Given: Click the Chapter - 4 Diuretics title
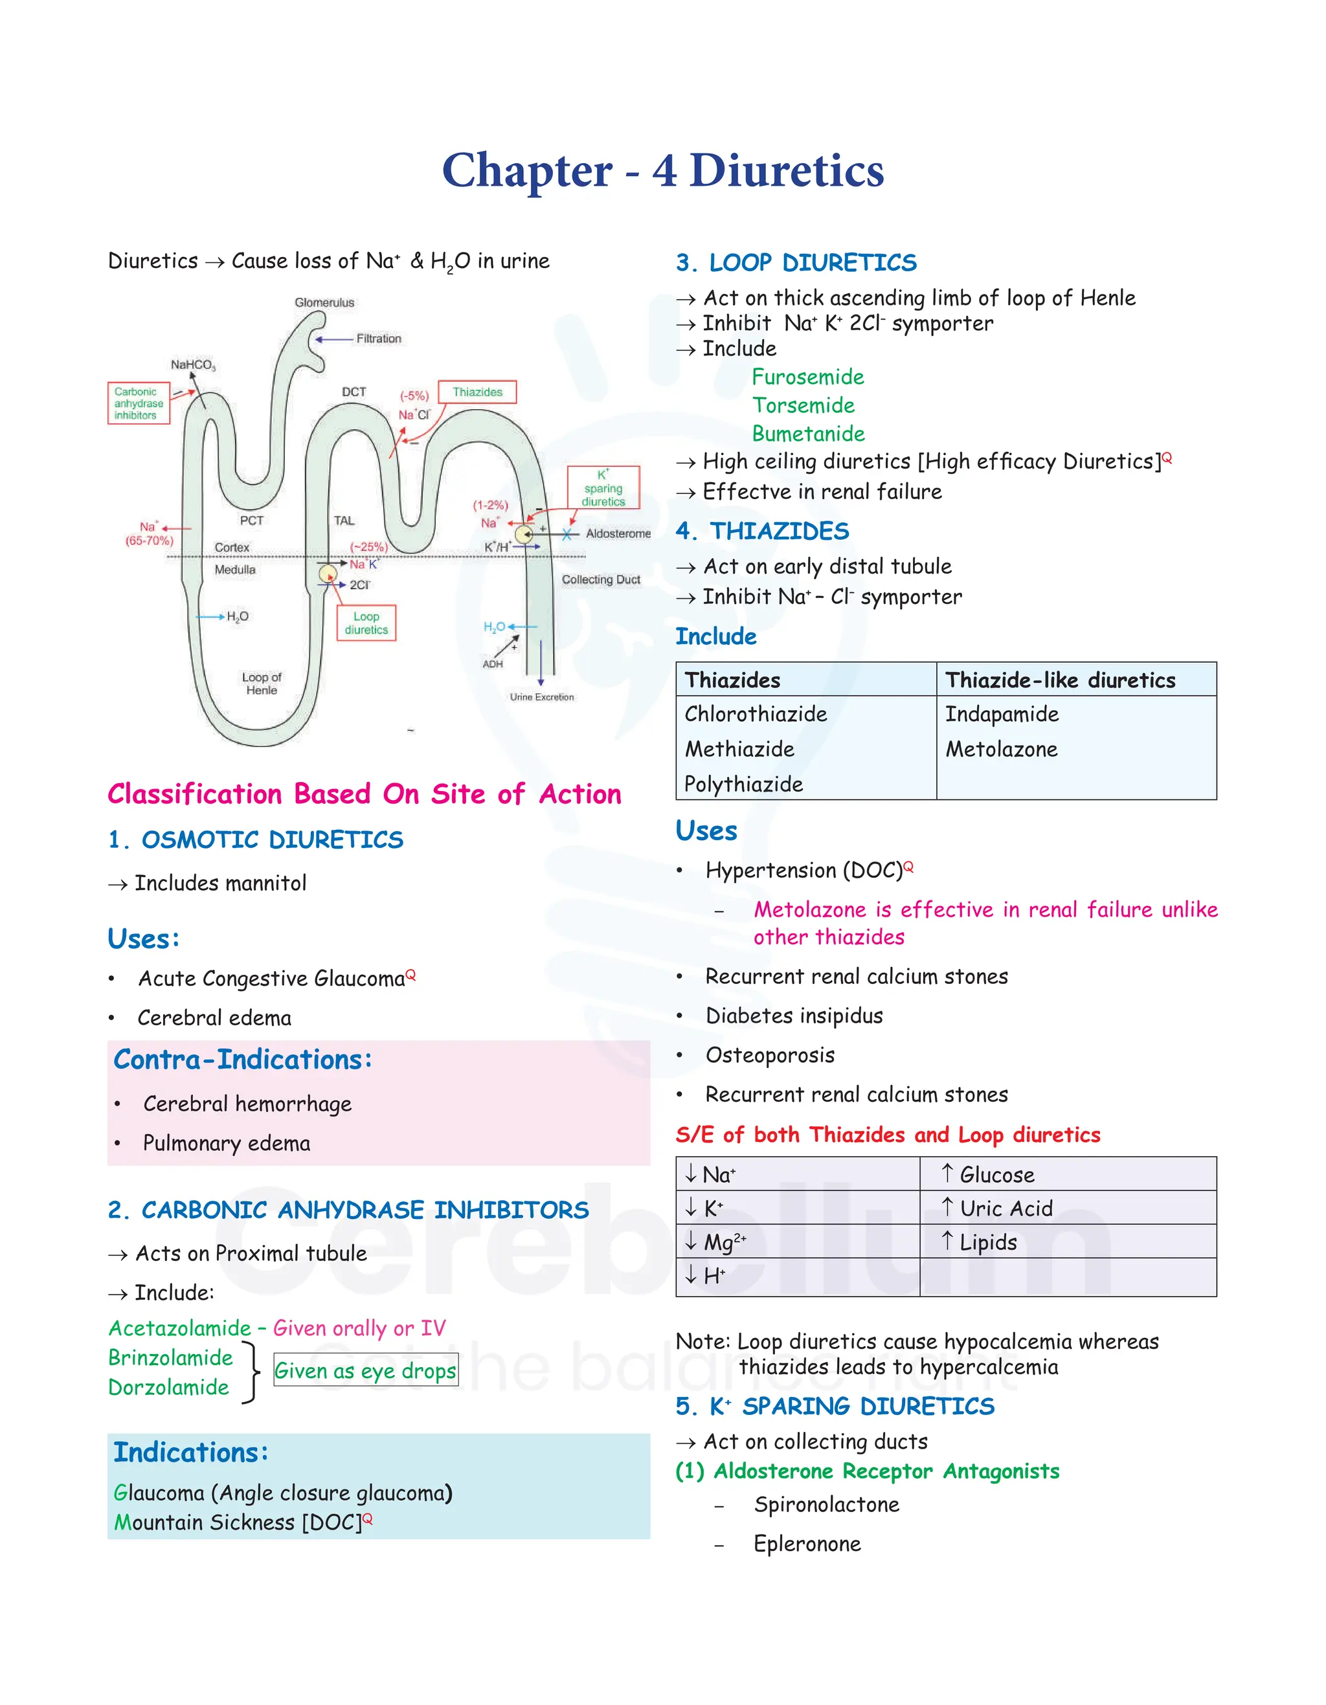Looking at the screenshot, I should (x=662, y=170).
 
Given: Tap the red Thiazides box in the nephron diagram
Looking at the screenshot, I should (x=477, y=392).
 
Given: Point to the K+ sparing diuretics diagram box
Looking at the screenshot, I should (x=603, y=488).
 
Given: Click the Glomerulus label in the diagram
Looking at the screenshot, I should (x=324, y=302).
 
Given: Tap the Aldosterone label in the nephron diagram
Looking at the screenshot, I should (x=618, y=533).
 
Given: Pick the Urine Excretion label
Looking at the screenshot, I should (x=541, y=697).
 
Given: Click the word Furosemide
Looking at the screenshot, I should (x=807, y=377).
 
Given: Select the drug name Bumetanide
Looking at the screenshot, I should (x=808, y=434).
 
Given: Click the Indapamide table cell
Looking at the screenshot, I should (x=1001, y=715).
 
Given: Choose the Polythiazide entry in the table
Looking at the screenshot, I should (x=743, y=785).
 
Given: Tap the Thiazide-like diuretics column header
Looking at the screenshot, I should (x=1060, y=680).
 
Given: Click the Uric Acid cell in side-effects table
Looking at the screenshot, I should (x=1006, y=1209).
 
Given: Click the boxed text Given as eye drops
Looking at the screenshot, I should (x=365, y=1371).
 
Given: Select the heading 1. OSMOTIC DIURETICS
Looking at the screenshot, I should (x=255, y=840).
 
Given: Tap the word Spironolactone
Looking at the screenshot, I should (x=826, y=1504).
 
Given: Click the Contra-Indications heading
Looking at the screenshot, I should (x=243, y=1060).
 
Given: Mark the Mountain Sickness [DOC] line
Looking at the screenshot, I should (x=242, y=1522).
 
